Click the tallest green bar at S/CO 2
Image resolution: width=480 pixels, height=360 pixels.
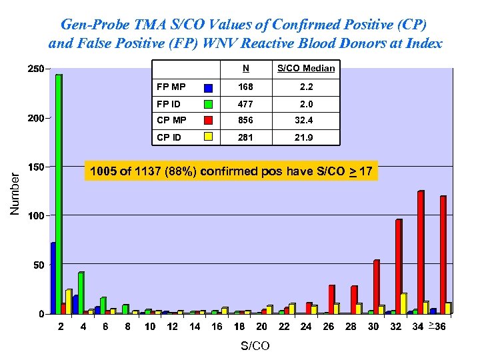[59, 193]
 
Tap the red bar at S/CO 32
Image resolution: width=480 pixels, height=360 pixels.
[399, 266]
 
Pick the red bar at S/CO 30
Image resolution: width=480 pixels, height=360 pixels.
[376, 286]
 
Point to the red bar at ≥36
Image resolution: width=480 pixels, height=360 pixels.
[443, 254]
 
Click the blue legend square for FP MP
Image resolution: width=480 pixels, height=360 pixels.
[209, 88]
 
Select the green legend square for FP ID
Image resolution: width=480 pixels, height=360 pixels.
[209, 105]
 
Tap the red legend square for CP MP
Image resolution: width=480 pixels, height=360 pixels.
[209, 121]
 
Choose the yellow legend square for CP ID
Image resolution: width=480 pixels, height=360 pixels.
[209, 137]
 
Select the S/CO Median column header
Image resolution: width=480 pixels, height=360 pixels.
[306, 68]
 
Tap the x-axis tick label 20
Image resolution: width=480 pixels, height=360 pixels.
[262, 327]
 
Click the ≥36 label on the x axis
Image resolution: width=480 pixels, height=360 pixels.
[438, 326]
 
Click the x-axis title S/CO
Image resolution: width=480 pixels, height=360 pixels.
[255, 346]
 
